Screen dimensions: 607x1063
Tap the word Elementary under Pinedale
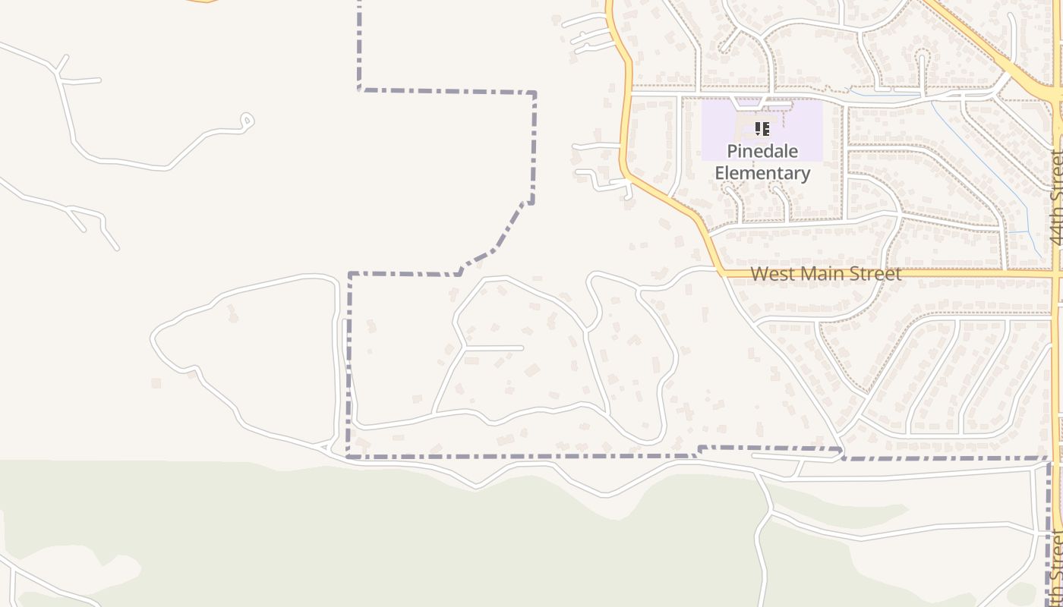click(x=762, y=173)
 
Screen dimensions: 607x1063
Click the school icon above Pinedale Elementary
click(x=762, y=129)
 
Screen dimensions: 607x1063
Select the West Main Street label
click(x=826, y=273)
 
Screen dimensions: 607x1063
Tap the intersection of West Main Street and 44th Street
click(x=1056, y=272)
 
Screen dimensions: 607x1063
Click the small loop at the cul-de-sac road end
click(x=246, y=120)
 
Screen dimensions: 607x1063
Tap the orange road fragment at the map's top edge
click(x=200, y=2)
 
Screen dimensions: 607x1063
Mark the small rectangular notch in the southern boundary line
click(x=768, y=448)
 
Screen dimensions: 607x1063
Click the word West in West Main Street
click(x=773, y=273)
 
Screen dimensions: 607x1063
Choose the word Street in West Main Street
click(x=878, y=273)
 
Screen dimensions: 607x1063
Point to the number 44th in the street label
click(x=1056, y=228)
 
